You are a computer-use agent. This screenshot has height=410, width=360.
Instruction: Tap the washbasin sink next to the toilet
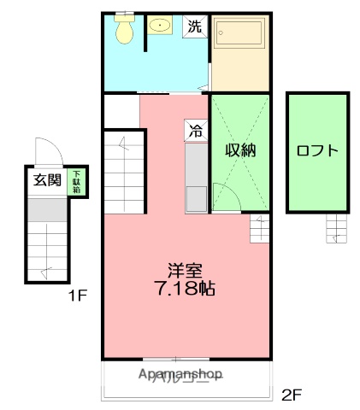[x=160, y=26]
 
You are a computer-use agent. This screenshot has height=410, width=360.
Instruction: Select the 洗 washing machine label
[x=195, y=26]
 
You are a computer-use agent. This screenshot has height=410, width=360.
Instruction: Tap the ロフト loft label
[x=317, y=151]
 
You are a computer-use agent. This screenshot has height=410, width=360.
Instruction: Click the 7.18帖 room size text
[x=184, y=289]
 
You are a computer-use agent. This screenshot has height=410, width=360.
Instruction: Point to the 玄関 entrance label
[x=47, y=179]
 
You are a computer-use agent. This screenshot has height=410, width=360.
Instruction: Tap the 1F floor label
[x=78, y=297]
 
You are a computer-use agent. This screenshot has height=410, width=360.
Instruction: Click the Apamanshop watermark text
[x=179, y=374]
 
